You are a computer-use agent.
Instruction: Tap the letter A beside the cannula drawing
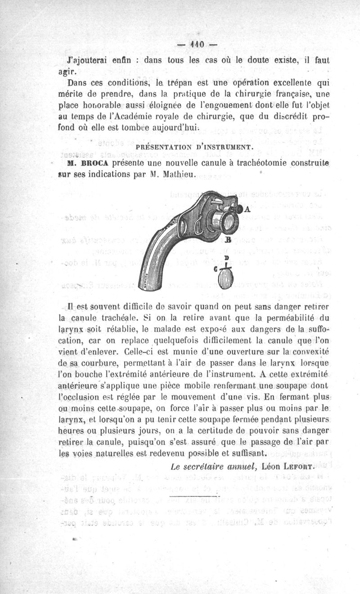click(x=247, y=209)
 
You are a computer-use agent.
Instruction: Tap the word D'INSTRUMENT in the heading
click(x=225, y=147)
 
